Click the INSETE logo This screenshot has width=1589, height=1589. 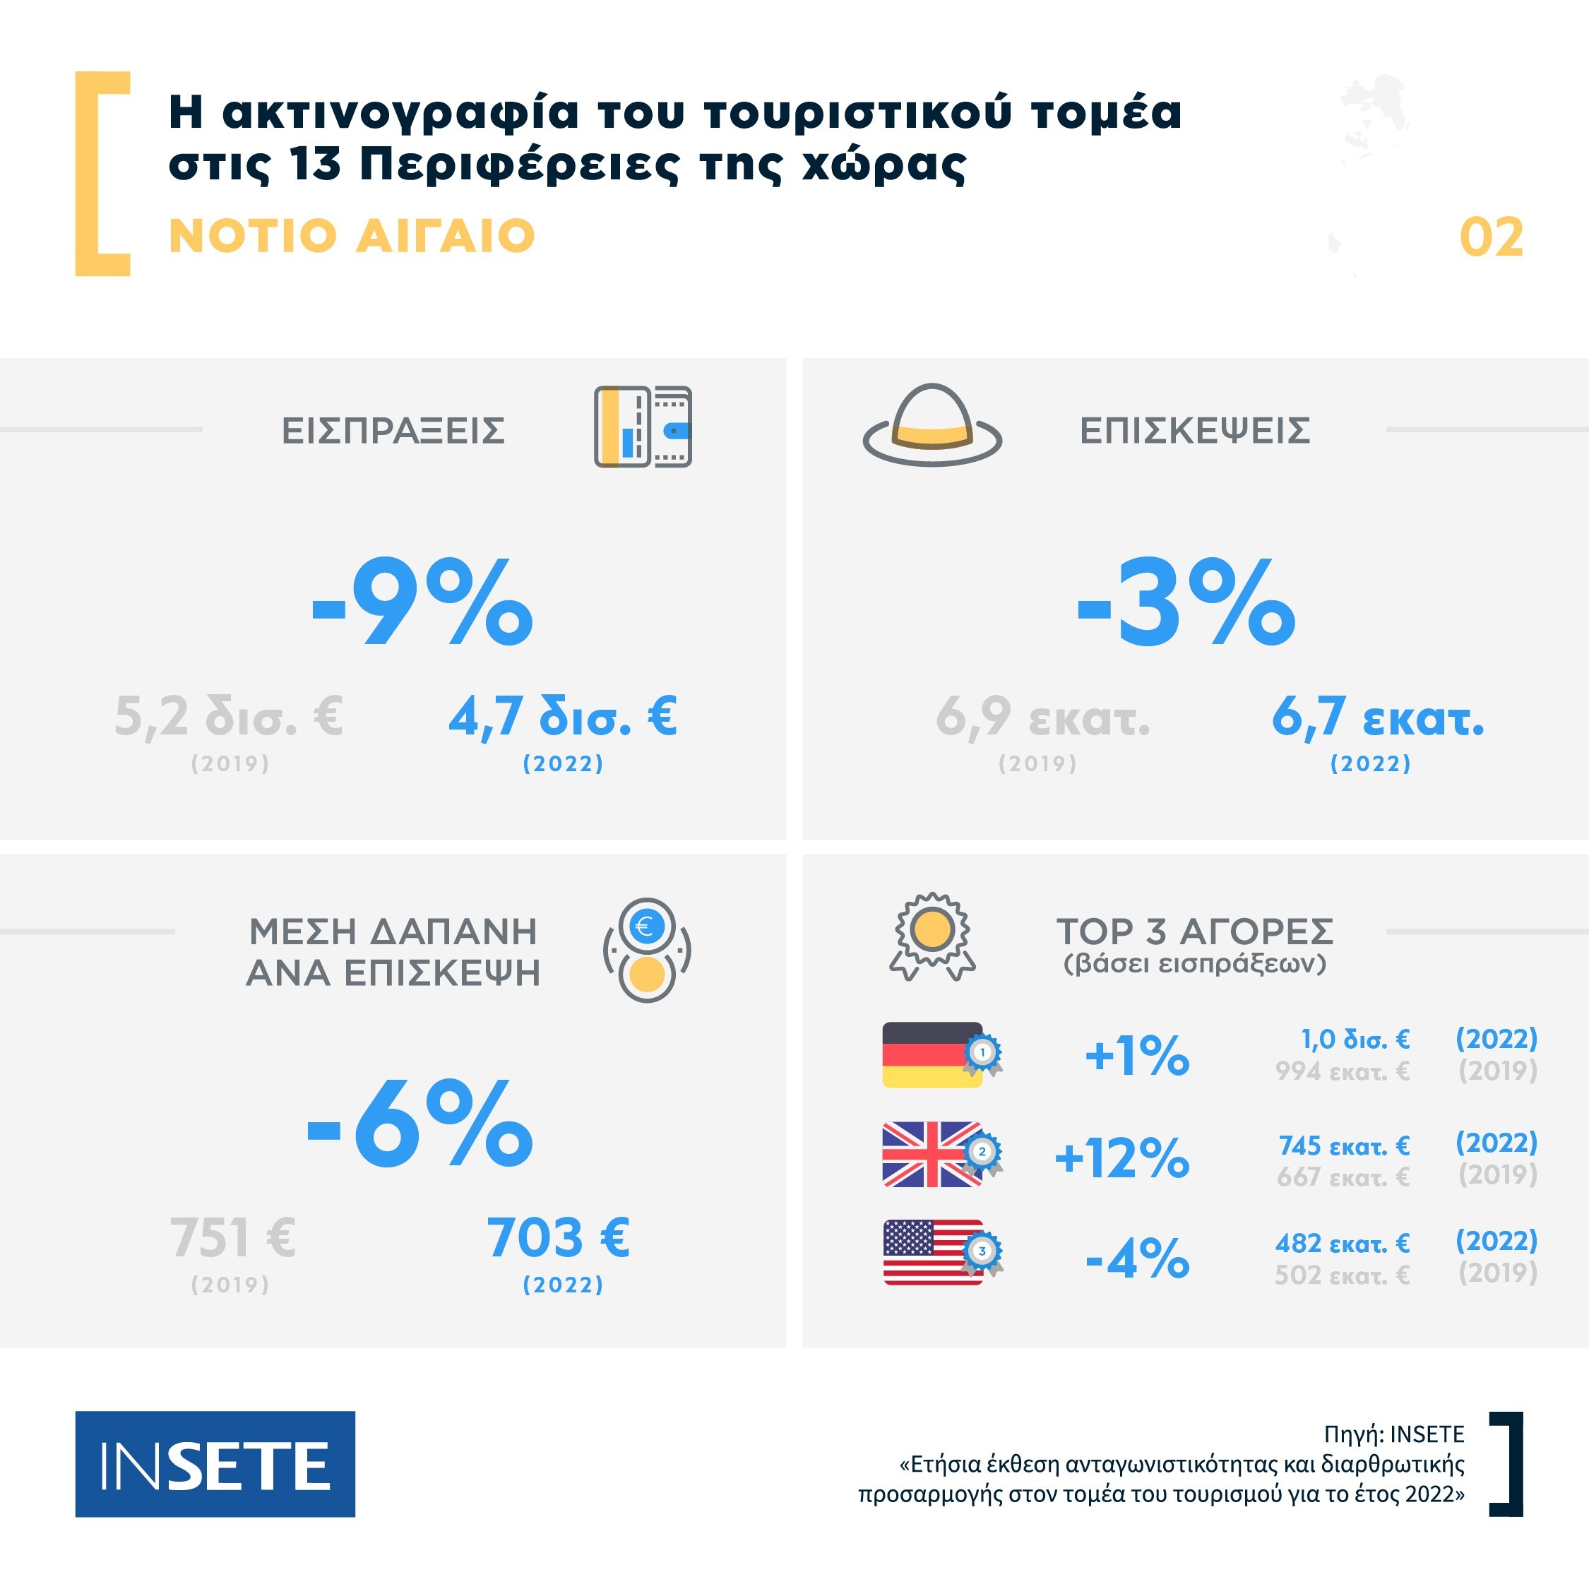click(215, 1463)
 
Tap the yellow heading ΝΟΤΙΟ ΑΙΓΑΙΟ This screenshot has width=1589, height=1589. click(352, 236)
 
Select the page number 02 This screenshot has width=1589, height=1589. click(1490, 238)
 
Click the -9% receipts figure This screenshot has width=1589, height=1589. click(422, 602)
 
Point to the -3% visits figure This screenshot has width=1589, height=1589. click(1186, 602)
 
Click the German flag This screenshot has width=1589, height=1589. click(932, 1055)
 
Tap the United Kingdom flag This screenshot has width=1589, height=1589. click(932, 1154)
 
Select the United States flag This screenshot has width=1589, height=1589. click(932, 1252)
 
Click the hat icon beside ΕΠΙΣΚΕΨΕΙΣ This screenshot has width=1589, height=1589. click(932, 425)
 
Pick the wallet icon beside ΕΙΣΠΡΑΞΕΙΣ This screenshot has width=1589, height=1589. click(643, 427)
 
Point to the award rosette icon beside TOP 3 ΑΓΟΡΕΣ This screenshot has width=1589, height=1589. click(932, 936)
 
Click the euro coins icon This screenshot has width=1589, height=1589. click(648, 950)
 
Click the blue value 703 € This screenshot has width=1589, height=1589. click(558, 1238)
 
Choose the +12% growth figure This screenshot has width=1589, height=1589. click(1122, 1157)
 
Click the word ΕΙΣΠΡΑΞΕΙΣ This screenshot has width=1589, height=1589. click(393, 430)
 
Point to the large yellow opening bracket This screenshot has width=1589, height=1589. click(102, 174)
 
